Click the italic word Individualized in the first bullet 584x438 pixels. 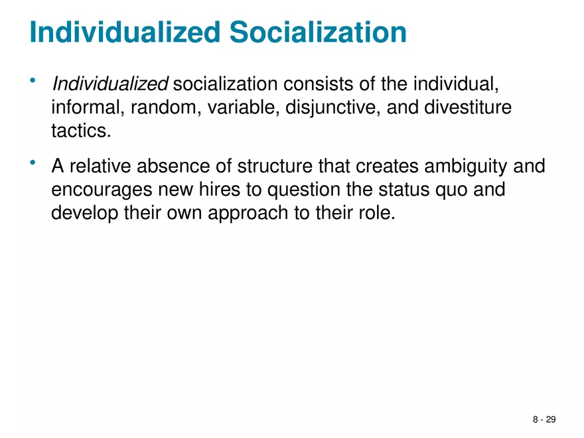(x=110, y=84)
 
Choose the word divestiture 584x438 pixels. (x=467, y=107)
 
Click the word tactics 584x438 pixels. (x=78, y=129)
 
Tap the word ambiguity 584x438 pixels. (x=456, y=166)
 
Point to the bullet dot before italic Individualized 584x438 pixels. (x=32, y=81)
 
